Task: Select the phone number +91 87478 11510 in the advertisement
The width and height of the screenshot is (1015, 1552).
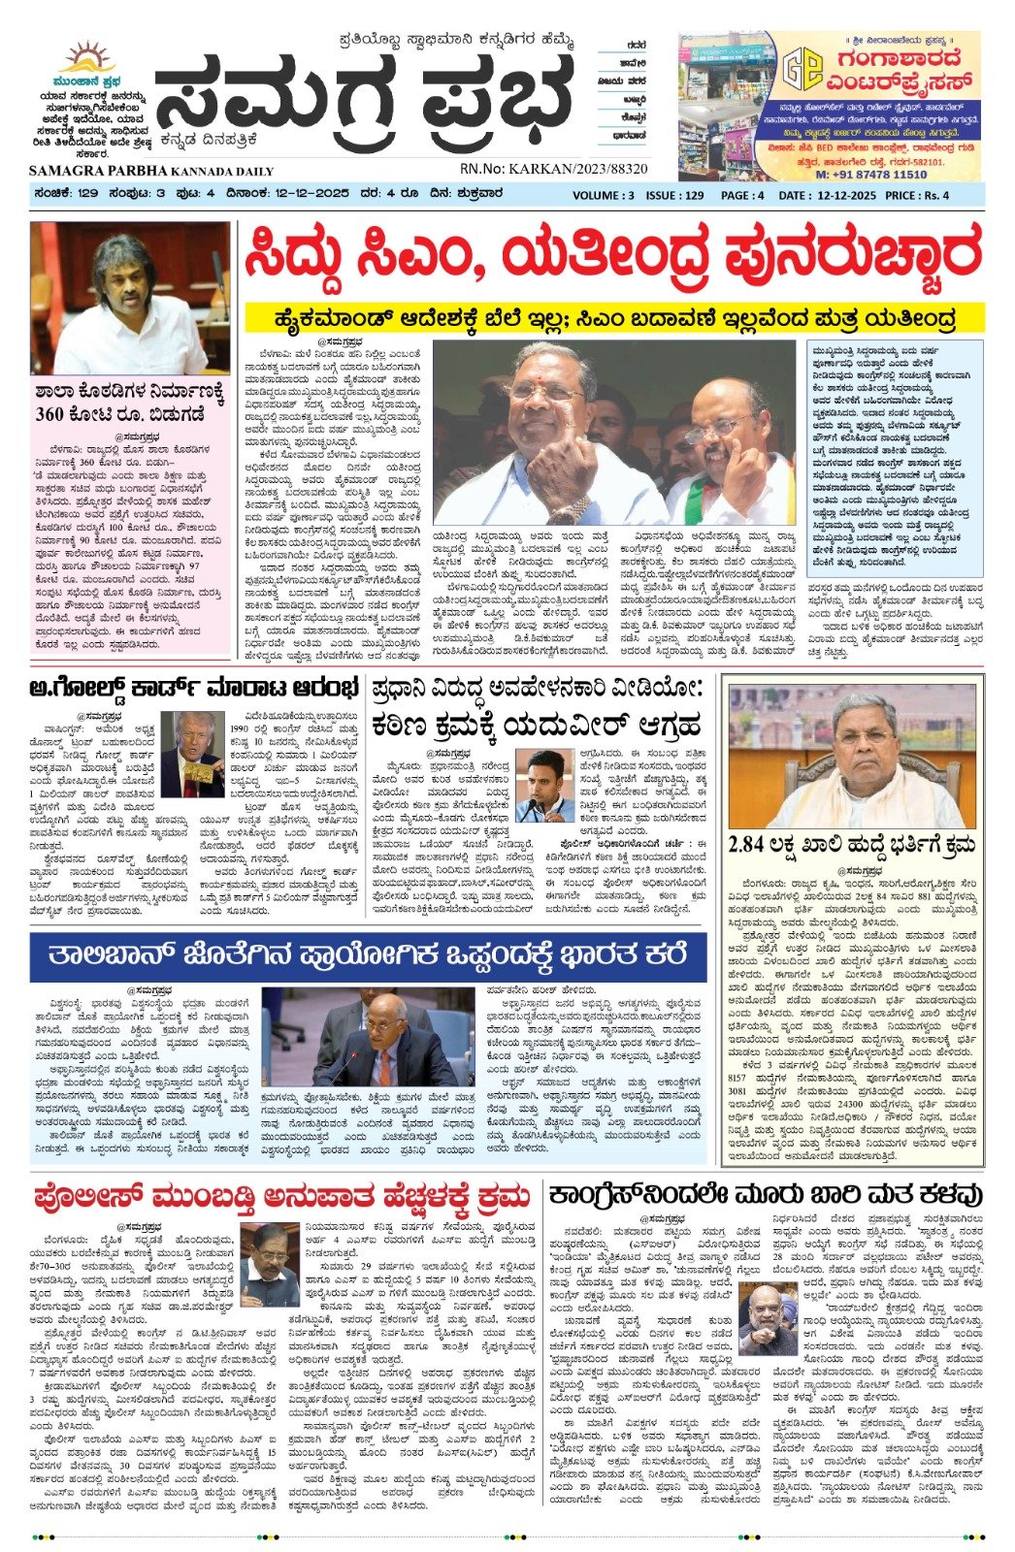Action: click(870, 174)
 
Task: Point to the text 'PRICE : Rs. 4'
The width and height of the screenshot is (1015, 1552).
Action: click(917, 194)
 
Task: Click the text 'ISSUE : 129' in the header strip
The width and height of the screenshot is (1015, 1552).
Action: click(674, 194)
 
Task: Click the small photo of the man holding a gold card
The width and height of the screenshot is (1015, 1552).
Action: click(191, 753)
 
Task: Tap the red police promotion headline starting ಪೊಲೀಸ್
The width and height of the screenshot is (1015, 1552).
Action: click(280, 1195)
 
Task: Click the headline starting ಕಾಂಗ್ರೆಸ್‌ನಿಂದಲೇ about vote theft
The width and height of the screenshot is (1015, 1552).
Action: click(765, 1195)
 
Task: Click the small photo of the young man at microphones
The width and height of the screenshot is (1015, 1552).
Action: click(545, 786)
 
